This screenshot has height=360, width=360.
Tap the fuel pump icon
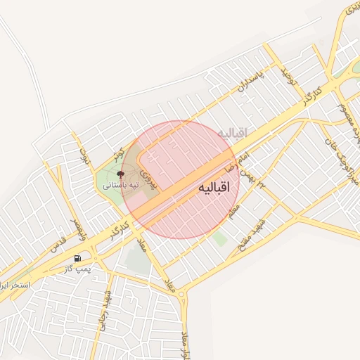[77, 257]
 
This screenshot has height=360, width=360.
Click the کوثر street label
[120, 154]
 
